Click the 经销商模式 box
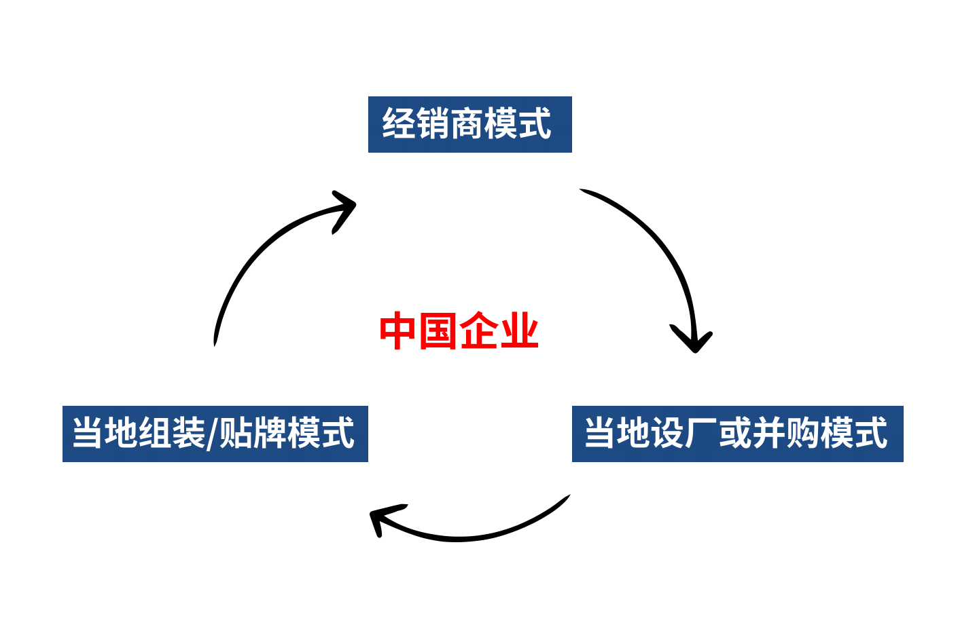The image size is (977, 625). (469, 124)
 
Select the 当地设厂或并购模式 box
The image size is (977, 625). (737, 434)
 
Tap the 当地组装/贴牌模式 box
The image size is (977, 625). (215, 434)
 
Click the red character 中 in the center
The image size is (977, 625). (398, 331)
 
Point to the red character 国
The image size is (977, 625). (438, 331)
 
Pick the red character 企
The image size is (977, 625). (479, 331)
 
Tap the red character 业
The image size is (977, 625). (519, 331)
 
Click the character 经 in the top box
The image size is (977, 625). (399, 124)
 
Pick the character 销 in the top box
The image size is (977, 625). (433, 124)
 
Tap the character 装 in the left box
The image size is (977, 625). (189, 434)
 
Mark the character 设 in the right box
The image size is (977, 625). (668, 434)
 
